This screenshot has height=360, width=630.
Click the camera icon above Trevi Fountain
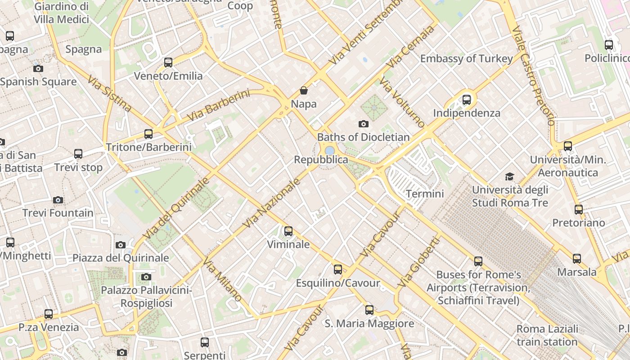click(x=58, y=200)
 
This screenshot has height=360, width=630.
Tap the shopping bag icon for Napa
click(x=304, y=90)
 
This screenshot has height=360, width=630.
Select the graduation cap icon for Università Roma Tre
click(x=509, y=176)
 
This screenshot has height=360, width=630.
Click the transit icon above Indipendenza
click(x=467, y=99)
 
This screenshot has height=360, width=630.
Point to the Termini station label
click(x=425, y=194)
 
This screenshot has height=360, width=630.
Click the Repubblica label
click(x=321, y=160)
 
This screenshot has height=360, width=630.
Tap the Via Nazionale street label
click(x=271, y=202)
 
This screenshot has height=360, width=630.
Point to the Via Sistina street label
click(x=109, y=94)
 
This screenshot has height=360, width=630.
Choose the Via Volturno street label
click(x=402, y=102)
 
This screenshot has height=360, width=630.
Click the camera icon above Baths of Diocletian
click(x=364, y=124)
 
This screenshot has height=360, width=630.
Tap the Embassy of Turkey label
click(x=466, y=58)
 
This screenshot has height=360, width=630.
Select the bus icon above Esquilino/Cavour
click(x=337, y=270)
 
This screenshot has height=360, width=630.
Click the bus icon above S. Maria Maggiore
click(x=369, y=310)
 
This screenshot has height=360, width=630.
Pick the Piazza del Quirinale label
click(x=121, y=258)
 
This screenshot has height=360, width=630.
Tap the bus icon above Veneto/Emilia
click(x=168, y=63)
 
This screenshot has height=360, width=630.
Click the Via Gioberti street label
click(x=418, y=262)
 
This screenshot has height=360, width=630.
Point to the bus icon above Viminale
click(x=288, y=231)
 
